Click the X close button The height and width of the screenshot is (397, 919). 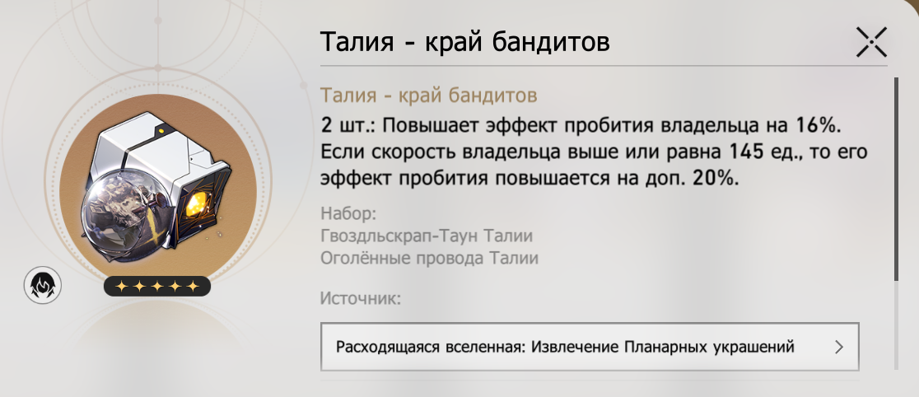(x=871, y=42)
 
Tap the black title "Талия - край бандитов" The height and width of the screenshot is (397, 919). (x=464, y=42)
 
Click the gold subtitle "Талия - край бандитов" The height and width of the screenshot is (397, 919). (x=428, y=95)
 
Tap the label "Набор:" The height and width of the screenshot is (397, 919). (x=348, y=213)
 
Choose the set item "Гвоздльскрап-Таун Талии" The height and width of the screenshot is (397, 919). (x=427, y=236)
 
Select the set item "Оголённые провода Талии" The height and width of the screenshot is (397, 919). (x=429, y=258)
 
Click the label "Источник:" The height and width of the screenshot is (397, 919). (x=361, y=298)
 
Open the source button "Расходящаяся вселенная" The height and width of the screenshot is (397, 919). (x=590, y=347)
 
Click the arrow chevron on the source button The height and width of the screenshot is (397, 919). (x=838, y=347)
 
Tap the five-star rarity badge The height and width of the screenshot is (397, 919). (x=157, y=286)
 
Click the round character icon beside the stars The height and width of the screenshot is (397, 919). (x=42, y=285)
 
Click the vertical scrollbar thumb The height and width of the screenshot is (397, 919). (x=896, y=179)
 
